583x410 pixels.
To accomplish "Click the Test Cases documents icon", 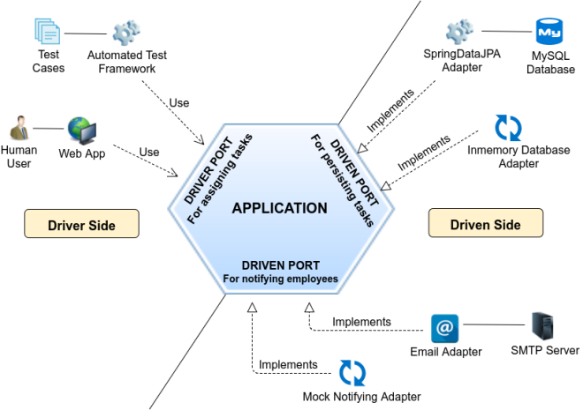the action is pos(47,31).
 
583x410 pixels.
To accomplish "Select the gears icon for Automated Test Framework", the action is pos(126,33).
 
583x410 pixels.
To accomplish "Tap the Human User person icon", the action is pos(19,128).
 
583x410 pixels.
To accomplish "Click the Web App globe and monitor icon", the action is pos(82,130).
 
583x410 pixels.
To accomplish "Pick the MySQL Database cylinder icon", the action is pos(549,32).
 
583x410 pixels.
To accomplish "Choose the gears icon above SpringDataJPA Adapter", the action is pos(460,32).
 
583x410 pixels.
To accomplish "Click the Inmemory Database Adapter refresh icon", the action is pos(508,128).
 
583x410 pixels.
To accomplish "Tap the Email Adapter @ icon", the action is pos(444,328).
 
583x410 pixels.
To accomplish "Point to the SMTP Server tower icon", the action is pos(542,326).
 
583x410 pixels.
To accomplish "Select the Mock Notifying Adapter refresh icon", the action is pos(352,373).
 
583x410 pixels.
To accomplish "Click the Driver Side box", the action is pos(82,223).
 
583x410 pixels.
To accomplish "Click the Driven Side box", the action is pos(486,222).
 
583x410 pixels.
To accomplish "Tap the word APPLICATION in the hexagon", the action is pos(280,208).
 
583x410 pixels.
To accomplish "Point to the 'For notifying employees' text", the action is pos(280,279).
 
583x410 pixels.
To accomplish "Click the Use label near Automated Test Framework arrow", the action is pos(179,103).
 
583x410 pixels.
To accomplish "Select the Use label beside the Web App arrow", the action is pos(149,152).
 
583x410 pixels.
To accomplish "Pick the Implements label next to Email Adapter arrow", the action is pos(361,322).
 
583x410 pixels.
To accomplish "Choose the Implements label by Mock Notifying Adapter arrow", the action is pos(288,364).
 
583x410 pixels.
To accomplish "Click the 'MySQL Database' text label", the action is pos(550,63).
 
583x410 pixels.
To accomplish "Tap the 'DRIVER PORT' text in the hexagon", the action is pos(208,171).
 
